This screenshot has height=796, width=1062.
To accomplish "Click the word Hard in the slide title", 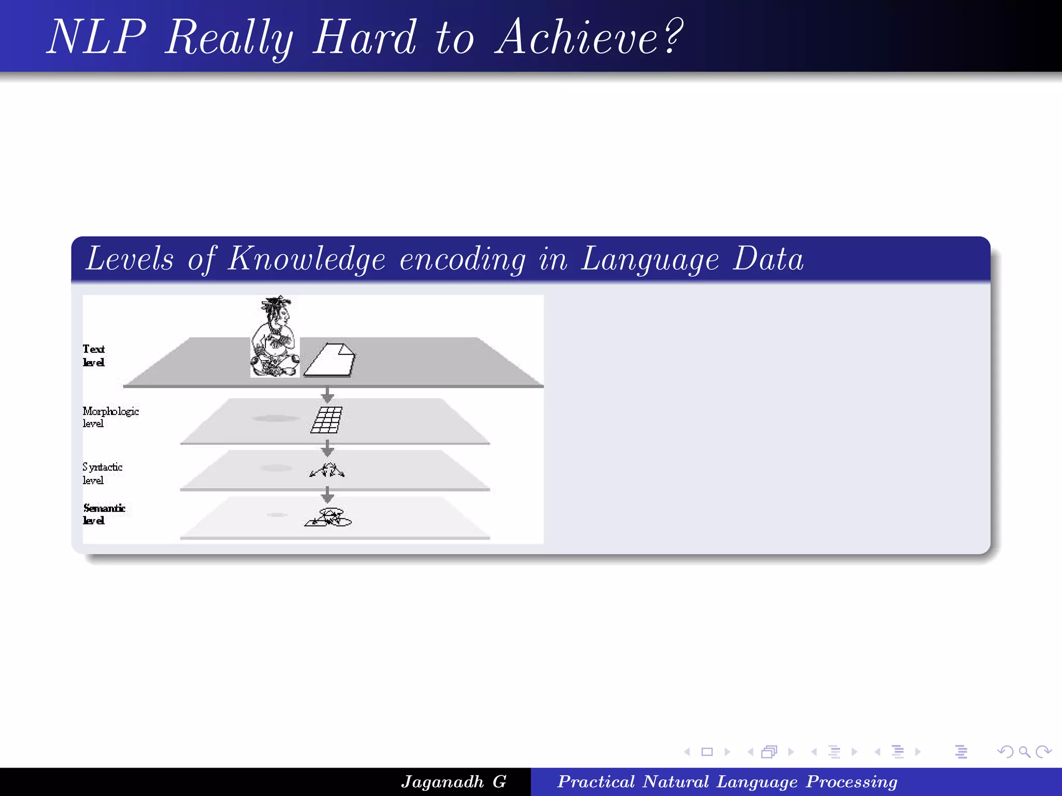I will [x=364, y=37].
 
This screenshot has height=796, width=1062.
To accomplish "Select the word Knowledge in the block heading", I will [x=306, y=259].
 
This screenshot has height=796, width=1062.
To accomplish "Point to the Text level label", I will [x=94, y=356].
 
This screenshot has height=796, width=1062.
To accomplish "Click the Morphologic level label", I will [x=110, y=417].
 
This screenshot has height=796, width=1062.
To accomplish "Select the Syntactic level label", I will [x=102, y=473].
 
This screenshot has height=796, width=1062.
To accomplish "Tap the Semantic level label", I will [x=104, y=514].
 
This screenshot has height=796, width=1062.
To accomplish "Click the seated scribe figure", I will [x=275, y=337].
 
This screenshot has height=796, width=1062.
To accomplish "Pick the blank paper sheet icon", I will [x=330, y=360].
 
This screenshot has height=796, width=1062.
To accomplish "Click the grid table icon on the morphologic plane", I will [x=327, y=419].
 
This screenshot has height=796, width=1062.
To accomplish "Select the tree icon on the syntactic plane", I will [x=327, y=470].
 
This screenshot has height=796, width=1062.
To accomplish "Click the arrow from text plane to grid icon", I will [x=327, y=395].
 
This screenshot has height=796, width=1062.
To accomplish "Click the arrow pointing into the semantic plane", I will [x=327, y=495].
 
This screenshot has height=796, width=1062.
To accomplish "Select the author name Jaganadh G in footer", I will [x=454, y=781].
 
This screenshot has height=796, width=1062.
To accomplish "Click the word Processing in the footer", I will [x=851, y=781].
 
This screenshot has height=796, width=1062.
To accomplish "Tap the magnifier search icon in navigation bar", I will [x=1024, y=751].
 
